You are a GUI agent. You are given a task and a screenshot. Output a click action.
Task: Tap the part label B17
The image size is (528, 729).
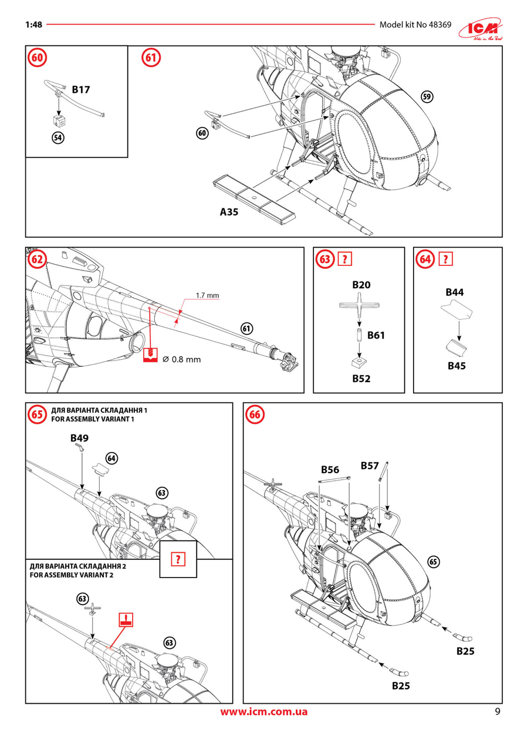(x=81, y=90)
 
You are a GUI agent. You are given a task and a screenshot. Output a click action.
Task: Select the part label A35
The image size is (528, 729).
(x=229, y=212)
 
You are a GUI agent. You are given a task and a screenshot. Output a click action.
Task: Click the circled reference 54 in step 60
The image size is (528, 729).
(x=57, y=138)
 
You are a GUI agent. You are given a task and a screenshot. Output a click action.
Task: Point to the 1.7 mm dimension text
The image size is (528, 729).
(x=207, y=295)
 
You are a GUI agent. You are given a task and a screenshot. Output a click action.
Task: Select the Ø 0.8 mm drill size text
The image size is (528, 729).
(x=181, y=359)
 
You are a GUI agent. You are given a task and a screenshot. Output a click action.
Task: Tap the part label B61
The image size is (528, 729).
(x=376, y=336)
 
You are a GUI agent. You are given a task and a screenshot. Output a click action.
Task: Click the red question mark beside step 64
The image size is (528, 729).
(x=446, y=259)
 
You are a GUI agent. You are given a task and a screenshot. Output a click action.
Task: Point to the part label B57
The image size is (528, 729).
(x=370, y=466)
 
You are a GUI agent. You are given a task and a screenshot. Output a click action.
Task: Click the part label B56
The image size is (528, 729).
(x=330, y=470)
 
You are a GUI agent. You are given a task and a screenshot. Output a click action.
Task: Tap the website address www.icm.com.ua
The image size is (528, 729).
(x=264, y=712)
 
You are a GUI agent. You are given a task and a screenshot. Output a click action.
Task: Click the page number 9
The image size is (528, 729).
(x=497, y=712)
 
